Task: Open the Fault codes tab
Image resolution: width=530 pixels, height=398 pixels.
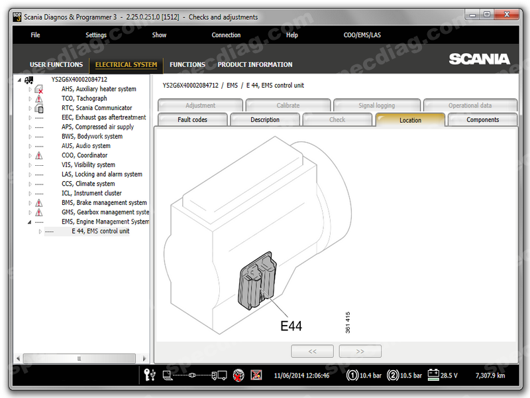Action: (x=192, y=120)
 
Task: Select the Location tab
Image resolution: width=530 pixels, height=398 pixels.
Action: (x=410, y=120)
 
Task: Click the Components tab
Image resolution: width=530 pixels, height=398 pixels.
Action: (x=483, y=120)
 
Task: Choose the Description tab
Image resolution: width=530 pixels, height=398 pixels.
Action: (x=265, y=120)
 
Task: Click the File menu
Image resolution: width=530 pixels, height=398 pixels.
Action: (x=35, y=35)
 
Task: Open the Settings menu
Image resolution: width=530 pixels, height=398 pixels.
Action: (x=96, y=35)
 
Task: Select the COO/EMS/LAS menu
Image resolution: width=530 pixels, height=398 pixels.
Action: (x=362, y=35)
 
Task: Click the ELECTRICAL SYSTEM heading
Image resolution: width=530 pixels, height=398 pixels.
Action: (x=126, y=64)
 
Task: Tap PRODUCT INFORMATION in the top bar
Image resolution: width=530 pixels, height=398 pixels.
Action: (x=255, y=64)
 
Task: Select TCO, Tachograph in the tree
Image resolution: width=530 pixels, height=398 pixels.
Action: (x=84, y=98)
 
